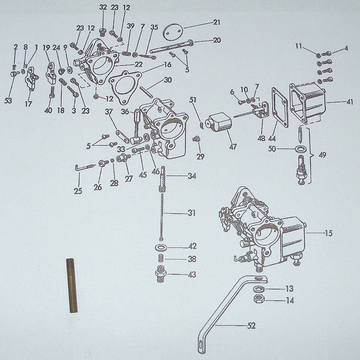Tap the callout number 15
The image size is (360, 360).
click(x=328, y=233)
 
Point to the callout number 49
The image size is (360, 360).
click(x=322, y=156)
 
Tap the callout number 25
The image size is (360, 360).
click(x=79, y=191)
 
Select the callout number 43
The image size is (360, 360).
click(x=192, y=274)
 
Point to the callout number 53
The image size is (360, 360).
click(x=9, y=100)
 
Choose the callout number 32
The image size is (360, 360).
click(x=103, y=8)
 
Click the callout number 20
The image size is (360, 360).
click(x=216, y=40)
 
